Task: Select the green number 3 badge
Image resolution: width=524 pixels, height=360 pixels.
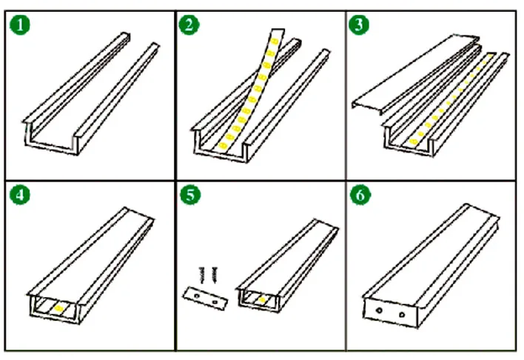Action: tap(360, 25)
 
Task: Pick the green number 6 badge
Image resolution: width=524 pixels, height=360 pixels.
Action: tap(360, 196)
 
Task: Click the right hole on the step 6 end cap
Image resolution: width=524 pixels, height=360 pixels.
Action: tap(402, 316)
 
